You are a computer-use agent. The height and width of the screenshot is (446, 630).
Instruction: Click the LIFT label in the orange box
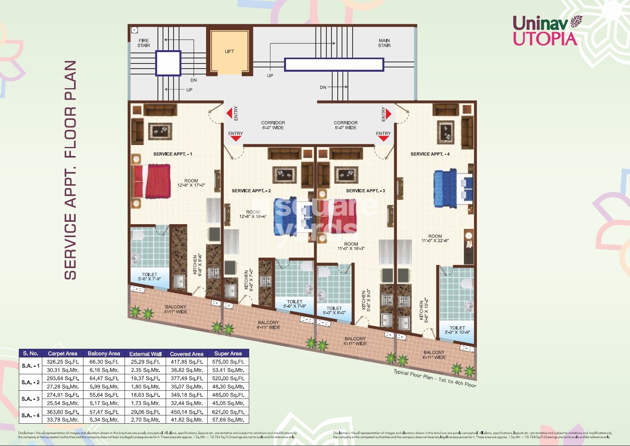pos(229,51)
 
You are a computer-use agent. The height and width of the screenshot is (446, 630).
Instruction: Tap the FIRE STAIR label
pos(143,43)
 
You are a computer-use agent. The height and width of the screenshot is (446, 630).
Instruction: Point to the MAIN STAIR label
pos(384,43)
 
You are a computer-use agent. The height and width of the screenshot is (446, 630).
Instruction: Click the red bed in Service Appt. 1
pos(151,181)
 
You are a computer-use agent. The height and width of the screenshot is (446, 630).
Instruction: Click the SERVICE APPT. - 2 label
pos(251,191)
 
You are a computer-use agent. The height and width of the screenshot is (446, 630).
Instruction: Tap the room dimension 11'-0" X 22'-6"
pos(435,239)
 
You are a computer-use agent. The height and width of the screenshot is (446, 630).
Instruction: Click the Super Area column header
pos(228,354)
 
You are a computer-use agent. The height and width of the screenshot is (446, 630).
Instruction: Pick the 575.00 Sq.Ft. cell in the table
pos(228,362)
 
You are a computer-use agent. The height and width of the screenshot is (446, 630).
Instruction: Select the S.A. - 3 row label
pos(31,399)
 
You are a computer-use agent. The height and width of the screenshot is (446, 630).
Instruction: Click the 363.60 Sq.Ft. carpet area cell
pos(63,412)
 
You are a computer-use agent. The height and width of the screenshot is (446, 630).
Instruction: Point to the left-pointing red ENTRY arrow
pos(229,114)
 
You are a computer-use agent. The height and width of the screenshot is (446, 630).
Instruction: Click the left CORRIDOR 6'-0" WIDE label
pos(273,125)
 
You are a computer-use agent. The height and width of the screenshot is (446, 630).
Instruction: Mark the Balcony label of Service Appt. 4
pos(434,355)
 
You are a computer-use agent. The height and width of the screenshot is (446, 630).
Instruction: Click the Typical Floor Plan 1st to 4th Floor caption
pos(435,378)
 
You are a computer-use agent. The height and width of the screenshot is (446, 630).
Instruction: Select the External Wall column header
pos(145,354)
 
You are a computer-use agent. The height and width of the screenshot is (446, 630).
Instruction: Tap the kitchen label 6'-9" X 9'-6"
pos(197,265)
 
